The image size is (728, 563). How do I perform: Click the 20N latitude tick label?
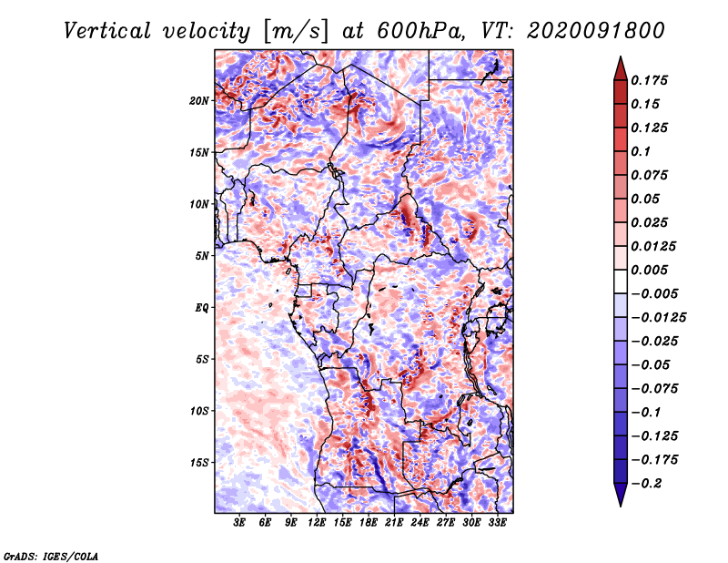pyautogui.click(x=198, y=100)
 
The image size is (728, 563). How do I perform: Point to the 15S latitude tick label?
pyautogui.click(x=198, y=462)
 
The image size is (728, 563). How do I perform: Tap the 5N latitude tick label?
pyautogui.click(x=201, y=255)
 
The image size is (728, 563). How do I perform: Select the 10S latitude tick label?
pyautogui.click(x=198, y=410)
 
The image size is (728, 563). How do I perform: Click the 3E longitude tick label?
pyautogui.click(x=240, y=524)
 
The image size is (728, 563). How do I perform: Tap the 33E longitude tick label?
pyautogui.click(x=497, y=524)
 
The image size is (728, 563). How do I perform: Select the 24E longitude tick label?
pyautogui.click(x=420, y=524)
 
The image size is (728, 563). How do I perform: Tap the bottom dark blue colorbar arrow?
pyautogui.click(x=619, y=496)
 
